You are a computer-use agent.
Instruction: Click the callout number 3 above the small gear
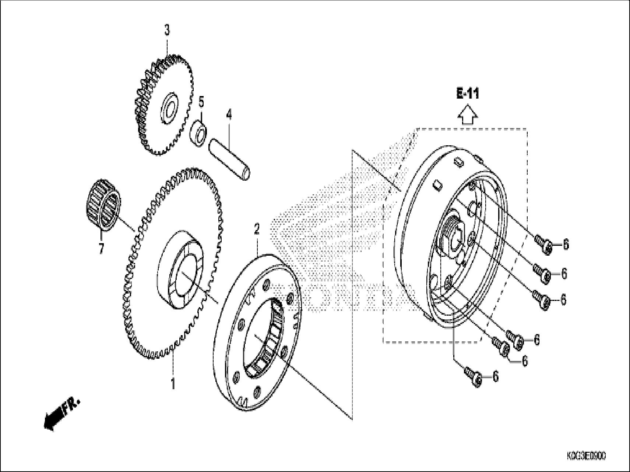[x=167, y=31]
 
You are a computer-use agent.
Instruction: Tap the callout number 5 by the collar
[x=201, y=102]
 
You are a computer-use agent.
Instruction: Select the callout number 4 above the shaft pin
[x=229, y=115]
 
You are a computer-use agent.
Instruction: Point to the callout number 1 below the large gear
[x=173, y=384]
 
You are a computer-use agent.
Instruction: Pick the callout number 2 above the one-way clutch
[x=257, y=230]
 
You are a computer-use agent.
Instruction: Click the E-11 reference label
[x=468, y=94]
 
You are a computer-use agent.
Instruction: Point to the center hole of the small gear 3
[x=170, y=107]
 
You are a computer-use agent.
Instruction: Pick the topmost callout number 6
[x=566, y=244]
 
